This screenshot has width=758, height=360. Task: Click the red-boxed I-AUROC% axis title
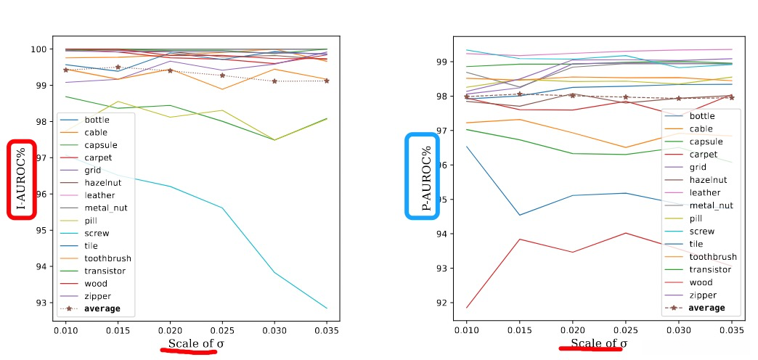tap(23, 179)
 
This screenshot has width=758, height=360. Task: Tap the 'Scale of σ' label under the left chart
tap(192, 343)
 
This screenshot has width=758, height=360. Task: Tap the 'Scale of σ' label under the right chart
tap(599, 343)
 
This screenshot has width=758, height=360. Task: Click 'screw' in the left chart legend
tap(97, 233)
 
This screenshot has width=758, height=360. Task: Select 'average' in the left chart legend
tap(102, 308)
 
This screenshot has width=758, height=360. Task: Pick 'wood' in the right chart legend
tap(701, 282)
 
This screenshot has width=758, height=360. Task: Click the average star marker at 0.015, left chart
tap(118, 67)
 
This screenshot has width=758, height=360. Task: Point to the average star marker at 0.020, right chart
tap(572, 94)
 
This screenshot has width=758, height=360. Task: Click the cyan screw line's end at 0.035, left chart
tap(327, 308)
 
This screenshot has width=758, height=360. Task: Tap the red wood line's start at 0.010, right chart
tap(468, 308)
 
